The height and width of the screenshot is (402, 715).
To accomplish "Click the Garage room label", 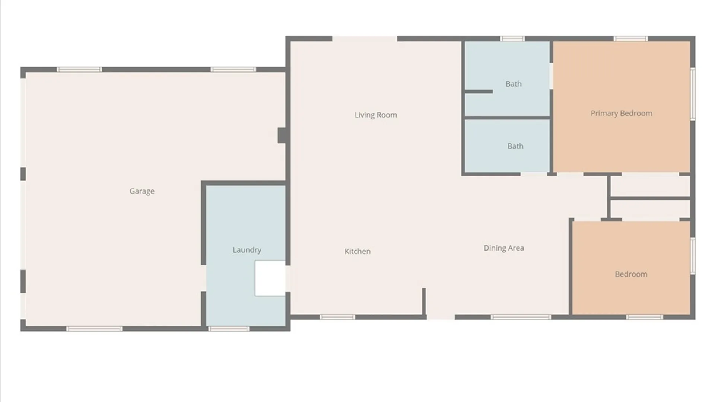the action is tap(142, 191).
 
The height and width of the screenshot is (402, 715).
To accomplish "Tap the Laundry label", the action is tap(247, 250).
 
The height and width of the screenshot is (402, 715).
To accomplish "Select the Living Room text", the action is tap(376, 115).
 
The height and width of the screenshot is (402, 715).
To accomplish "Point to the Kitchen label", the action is tap(357, 251).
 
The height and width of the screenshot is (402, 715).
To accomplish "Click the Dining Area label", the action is tap(504, 248).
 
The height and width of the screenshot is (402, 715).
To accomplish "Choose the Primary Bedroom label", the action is tap(622, 113).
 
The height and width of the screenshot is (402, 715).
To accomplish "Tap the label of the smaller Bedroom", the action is tap(631, 274).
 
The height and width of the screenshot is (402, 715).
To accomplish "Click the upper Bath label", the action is tap(514, 84).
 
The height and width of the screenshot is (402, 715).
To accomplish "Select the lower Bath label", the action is tap(515, 146).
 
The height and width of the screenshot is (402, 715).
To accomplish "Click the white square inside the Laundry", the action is tap(270, 278).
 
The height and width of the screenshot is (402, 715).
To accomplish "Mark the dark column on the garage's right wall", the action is tap(282, 135).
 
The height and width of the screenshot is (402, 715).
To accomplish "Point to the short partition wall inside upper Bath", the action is tap(479, 92).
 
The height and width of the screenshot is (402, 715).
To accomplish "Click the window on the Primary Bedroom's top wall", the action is tap(630, 39).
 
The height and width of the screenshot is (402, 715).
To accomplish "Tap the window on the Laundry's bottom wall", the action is tap(229, 329).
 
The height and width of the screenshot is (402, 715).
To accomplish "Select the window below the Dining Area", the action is tap(521, 317).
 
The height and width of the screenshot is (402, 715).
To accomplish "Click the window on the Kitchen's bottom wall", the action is tap(337, 317).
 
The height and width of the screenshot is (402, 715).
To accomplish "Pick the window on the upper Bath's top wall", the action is tap(512, 39).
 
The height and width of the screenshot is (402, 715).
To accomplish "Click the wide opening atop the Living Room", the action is tap(365, 39).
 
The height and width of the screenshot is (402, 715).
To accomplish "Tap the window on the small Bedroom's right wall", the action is tap(693, 256).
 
